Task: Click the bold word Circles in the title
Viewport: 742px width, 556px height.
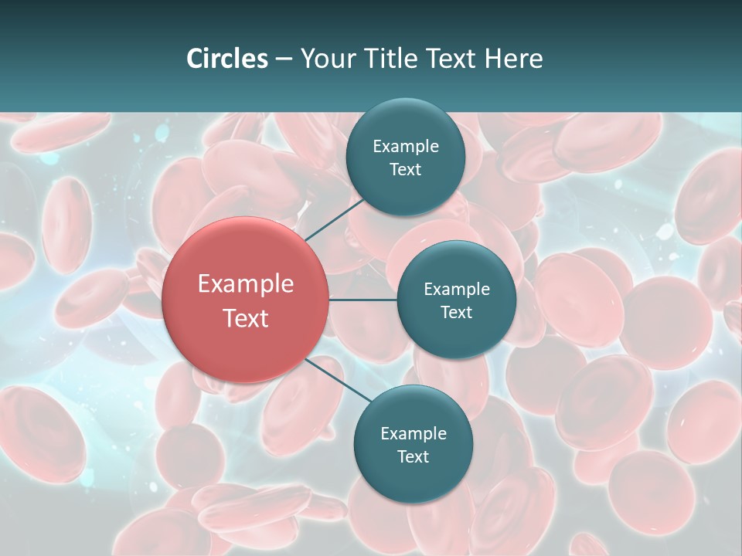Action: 226,59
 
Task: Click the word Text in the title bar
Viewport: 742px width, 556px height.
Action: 451,59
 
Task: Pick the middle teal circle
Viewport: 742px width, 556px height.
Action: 456,332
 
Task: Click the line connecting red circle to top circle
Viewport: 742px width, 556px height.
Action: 334,219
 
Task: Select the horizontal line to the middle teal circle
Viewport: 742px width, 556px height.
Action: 362,300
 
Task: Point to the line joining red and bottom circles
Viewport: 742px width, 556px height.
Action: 338,381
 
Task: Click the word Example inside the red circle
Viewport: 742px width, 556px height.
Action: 246,284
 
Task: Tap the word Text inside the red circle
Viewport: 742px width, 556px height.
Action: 246,318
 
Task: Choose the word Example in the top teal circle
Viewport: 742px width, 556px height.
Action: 406,146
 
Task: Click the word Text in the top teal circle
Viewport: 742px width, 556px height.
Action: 405,169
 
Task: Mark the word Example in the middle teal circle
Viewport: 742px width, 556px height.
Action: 457,289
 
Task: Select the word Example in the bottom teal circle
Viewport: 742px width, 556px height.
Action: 414,433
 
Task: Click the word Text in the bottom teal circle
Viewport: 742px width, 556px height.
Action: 413,456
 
